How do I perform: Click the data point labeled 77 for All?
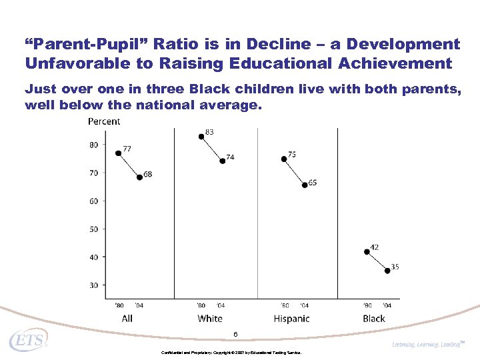pyautogui.click(x=118, y=153)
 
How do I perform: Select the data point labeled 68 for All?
pyautogui.click(x=139, y=177)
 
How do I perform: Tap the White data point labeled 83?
pyautogui.click(x=201, y=137)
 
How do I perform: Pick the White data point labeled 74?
pyautogui.click(x=222, y=161)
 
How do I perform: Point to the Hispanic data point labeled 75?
pyautogui.click(x=284, y=159)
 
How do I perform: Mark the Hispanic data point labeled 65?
pyautogui.click(x=305, y=185)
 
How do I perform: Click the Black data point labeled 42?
pyautogui.click(x=367, y=251)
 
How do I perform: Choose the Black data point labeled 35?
pyautogui.click(x=387, y=271)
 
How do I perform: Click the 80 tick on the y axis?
pyautogui.click(x=93, y=145)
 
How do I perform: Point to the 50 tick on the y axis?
pyautogui.click(x=93, y=229)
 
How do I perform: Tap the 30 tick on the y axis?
pyautogui.click(x=93, y=285)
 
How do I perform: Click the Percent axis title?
pyautogui.click(x=104, y=121)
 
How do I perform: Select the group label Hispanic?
pyautogui.click(x=291, y=319)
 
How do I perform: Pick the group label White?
pyautogui.click(x=210, y=319)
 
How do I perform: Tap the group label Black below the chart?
pyautogui.click(x=374, y=319)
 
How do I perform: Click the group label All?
pyautogui.click(x=127, y=319)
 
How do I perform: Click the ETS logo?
pyautogui.click(x=28, y=341)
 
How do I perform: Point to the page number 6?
pyautogui.click(x=235, y=334)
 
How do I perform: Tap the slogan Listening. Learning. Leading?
pyautogui.click(x=427, y=344)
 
